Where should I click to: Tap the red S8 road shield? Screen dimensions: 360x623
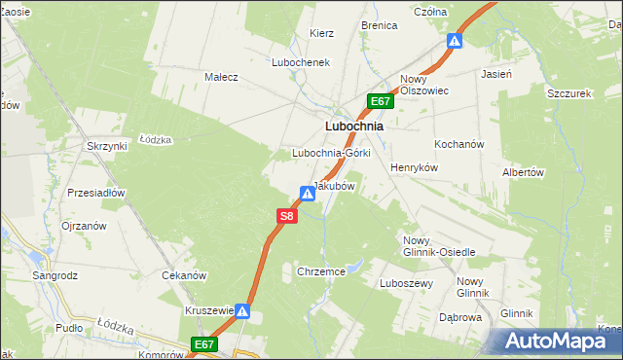285,217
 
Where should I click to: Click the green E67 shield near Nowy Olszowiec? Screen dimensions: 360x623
381,101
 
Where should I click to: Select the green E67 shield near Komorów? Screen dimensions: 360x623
203,344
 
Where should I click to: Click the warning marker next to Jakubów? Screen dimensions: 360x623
308,194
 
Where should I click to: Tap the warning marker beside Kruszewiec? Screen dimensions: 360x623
243,311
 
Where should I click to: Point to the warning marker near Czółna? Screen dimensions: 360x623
454,41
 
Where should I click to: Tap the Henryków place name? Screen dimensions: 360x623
415,167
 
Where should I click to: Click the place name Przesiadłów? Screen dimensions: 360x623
96,193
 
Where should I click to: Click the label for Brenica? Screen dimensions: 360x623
379,25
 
